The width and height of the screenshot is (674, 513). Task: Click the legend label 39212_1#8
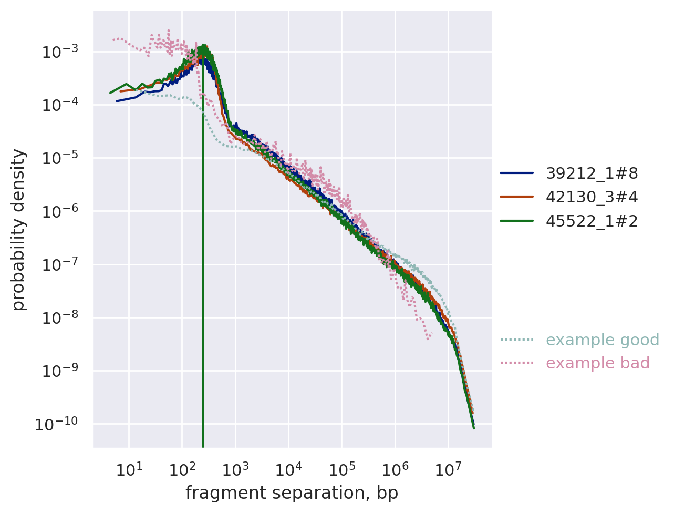pos(592,173)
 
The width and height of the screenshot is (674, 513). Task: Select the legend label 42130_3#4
pos(592,197)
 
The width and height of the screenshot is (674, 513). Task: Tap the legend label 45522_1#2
pos(592,221)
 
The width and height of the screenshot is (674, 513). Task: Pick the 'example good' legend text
pos(602,340)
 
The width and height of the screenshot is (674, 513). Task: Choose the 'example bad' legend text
pos(597,363)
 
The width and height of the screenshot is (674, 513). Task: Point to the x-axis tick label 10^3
pos(235,469)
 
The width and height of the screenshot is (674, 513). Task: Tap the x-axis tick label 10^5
pos(341,469)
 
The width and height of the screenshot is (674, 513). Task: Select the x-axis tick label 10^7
pos(448,469)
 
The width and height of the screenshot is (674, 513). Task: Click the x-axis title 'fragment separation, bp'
pos(292,493)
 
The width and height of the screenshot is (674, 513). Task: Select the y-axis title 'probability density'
pos(19,229)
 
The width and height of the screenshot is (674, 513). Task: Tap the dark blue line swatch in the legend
pos(516,173)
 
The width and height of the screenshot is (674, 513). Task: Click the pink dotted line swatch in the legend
pos(516,363)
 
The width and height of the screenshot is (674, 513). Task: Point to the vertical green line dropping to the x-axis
pos(203,315)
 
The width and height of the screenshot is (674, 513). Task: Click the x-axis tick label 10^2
pos(182,469)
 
